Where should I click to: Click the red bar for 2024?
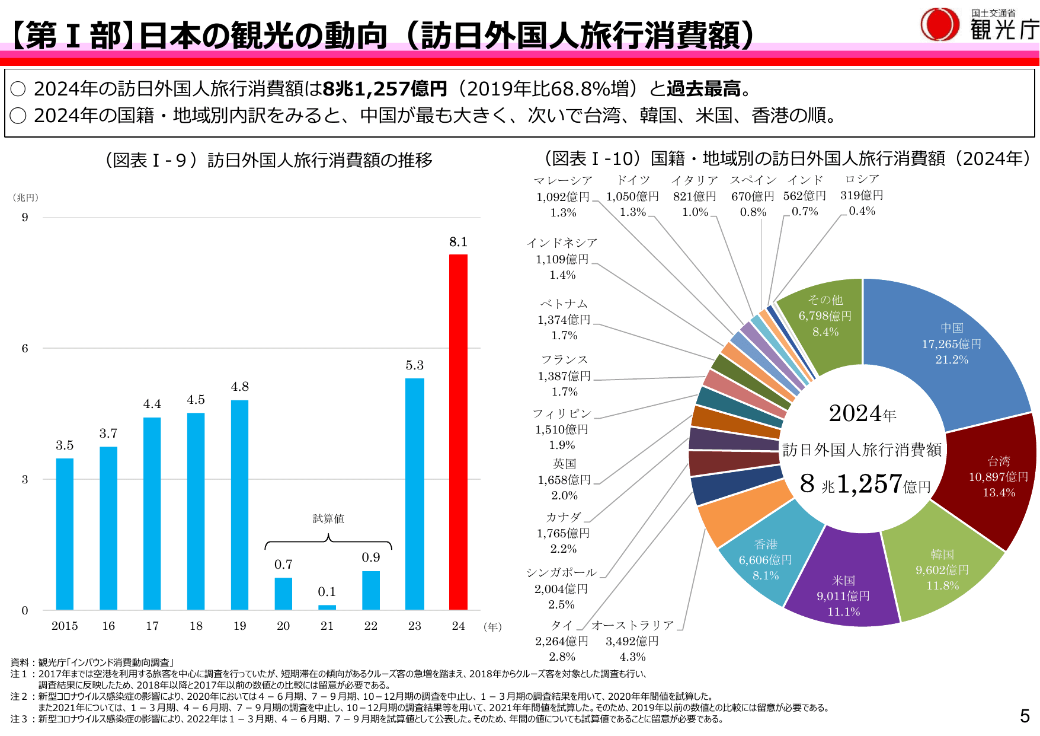(x=458, y=432)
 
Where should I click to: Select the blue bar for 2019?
(x=239, y=505)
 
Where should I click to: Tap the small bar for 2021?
(x=327, y=607)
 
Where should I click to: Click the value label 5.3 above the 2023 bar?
(x=415, y=365)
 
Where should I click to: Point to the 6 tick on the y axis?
(x=25, y=349)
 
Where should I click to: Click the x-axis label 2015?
(x=65, y=626)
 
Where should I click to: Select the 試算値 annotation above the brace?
(x=328, y=519)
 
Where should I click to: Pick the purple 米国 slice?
(x=843, y=587)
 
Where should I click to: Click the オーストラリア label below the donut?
(x=632, y=625)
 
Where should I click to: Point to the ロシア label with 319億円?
(x=862, y=179)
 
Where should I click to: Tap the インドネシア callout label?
(x=562, y=243)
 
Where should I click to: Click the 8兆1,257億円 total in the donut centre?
(x=865, y=484)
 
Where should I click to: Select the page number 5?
(x=1025, y=716)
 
